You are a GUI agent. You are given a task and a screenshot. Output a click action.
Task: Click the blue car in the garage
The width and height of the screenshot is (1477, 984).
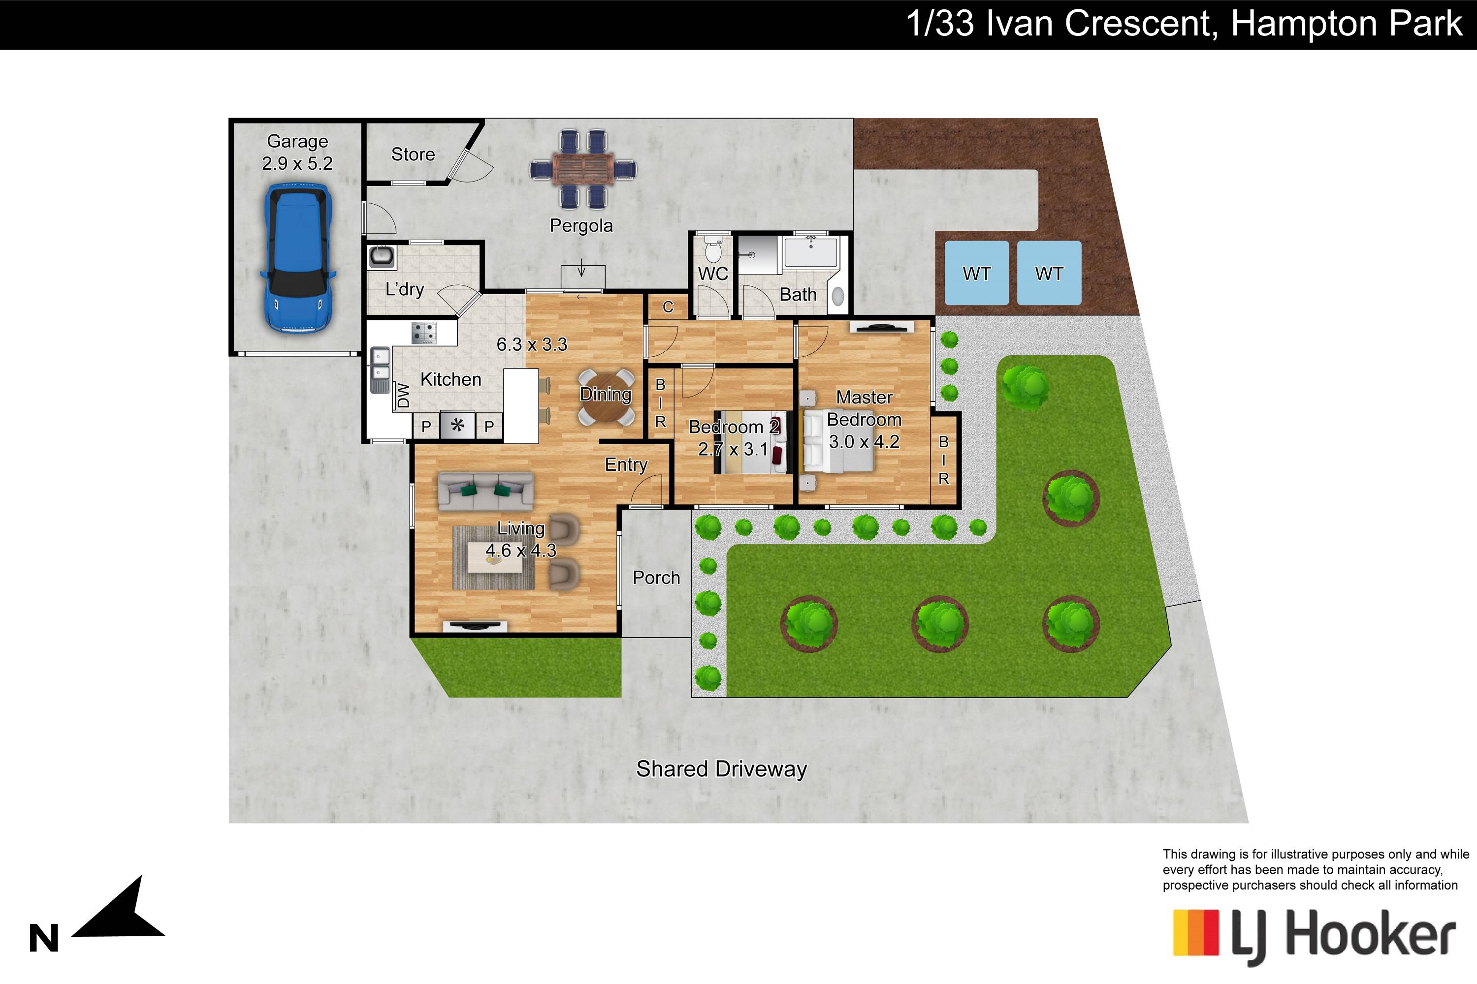coord(299,257)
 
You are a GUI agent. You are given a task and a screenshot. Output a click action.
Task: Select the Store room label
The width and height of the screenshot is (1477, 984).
coord(413,154)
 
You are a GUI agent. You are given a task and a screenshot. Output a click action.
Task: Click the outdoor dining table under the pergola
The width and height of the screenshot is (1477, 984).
coord(583,169)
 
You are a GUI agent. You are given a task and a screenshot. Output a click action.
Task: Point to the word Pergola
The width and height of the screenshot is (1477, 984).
coord(581,226)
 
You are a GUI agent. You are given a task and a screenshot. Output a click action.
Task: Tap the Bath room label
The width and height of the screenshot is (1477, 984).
coord(798,294)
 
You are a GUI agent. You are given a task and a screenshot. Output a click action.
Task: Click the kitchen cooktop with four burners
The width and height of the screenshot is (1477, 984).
coord(424,333)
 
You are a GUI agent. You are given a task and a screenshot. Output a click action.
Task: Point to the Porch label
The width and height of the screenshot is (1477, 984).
coord(656,577)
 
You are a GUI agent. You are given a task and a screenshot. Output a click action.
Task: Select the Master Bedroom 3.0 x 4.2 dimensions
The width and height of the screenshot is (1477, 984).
coord(864,442)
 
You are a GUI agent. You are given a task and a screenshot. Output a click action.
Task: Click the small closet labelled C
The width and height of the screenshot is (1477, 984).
coord(668,307)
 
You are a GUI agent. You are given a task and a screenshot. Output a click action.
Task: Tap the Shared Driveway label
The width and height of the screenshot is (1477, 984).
coord(722,769)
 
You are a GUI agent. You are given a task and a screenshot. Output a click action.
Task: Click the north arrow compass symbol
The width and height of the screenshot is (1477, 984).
coord(119,910)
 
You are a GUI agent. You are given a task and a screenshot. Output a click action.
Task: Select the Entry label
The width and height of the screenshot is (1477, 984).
coord(626,465)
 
